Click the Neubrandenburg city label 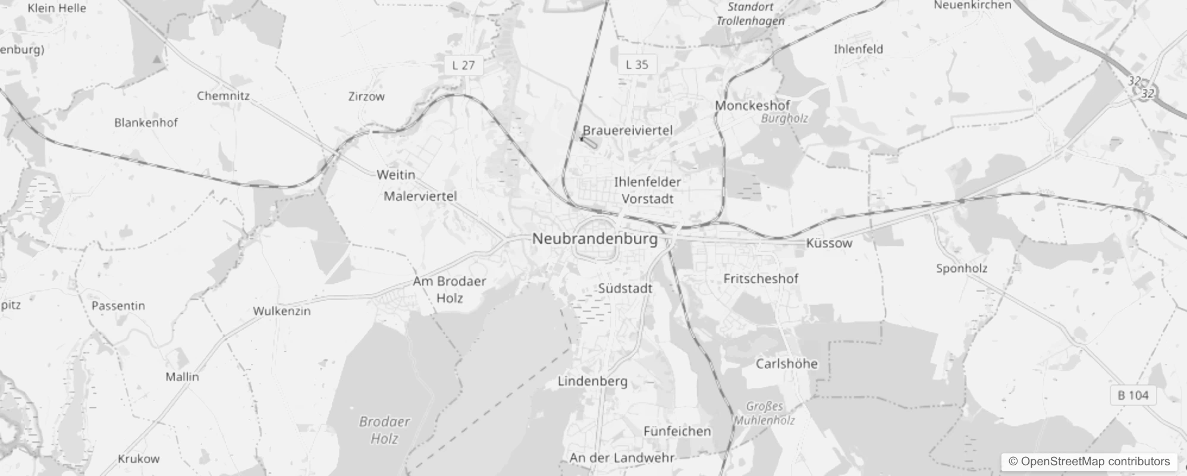(595, 239)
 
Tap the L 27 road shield (464, 65)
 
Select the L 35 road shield (637, 64)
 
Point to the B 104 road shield (1133, 395)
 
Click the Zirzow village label (366, 96)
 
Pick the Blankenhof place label (146, 123)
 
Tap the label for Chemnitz (223, 96)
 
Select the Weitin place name (395, 175)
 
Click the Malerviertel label (420, 196)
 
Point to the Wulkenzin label (282, 311)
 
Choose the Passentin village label (118, 306)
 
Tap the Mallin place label (182, 377)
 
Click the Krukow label (139, 459)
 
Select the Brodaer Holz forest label (384, 430)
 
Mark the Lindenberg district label (592, 381)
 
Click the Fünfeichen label (677, 431)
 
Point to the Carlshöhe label (786, 364)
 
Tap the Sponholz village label (962, 268)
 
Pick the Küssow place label (829, 243)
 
